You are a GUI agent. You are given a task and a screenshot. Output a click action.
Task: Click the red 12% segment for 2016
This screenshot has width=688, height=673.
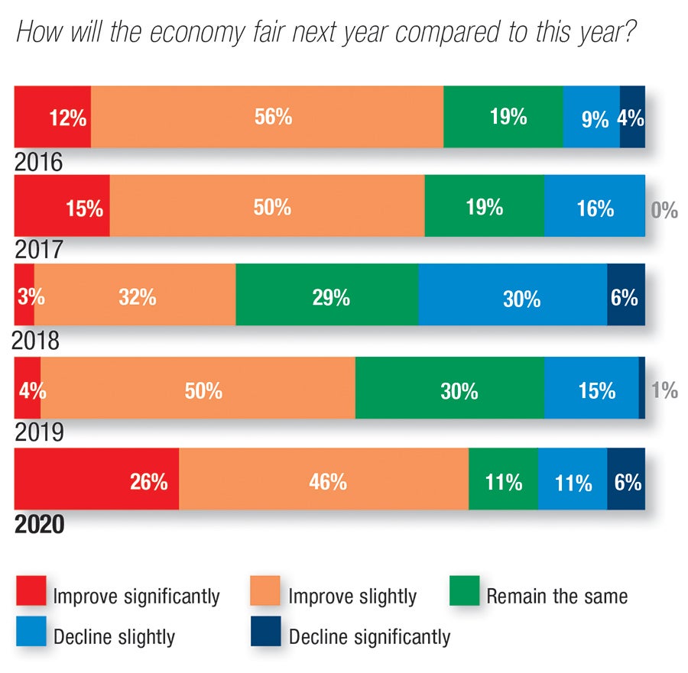coord(53,117)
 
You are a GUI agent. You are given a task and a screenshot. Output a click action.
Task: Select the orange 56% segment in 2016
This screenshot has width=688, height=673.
coord(267,117)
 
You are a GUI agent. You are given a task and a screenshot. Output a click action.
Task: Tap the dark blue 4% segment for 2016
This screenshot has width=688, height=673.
coord(632,117)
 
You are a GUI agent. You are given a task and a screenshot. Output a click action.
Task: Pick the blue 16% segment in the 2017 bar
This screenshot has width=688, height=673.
coord(594,206)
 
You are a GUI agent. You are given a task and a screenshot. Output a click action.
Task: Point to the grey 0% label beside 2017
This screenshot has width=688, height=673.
coord(664,210)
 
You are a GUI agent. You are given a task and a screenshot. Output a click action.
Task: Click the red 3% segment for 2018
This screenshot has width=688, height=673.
coord(24,295)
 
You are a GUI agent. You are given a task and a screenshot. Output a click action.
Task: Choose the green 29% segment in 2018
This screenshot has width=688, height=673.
coord(326,295)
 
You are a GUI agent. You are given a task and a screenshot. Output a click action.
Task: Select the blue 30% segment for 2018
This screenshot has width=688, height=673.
coord(512,295)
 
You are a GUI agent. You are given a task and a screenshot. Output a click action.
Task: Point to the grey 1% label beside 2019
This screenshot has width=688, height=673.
coord(664,390)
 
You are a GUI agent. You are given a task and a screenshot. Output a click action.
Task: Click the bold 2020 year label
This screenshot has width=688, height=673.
coord(39,526)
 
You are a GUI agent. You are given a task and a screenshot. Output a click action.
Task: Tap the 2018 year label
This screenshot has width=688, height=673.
coord(37,341)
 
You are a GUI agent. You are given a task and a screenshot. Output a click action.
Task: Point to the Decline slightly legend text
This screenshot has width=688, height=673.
coord(115,636)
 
